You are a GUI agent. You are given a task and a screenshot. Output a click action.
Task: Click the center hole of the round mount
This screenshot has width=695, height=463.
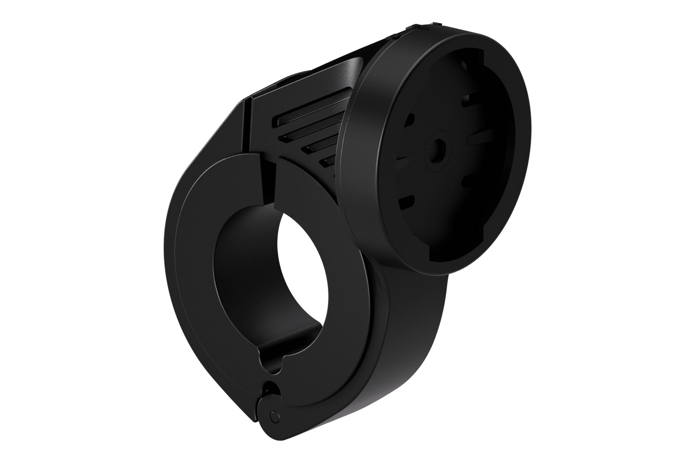click(x=438, y=149)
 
